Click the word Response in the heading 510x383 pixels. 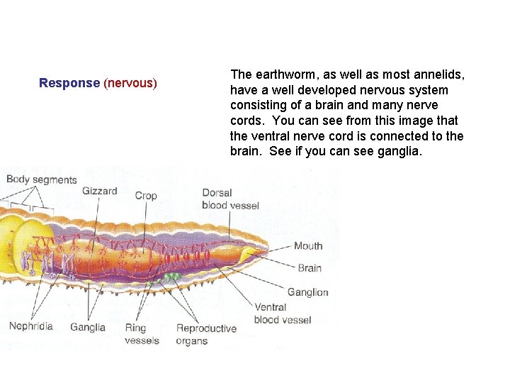[x=69, y=83]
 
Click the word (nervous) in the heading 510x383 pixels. [x=130, y=83]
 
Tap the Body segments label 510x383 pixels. [x=41, y=179]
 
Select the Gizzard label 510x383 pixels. [x=100, y=191]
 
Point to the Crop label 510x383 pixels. [x=146, y=195]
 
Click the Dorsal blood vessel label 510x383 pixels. [x=230, y=199]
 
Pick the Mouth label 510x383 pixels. [x=308, y=246]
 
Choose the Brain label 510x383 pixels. [x=310, y=268]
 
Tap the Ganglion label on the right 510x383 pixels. [x=308, y=292]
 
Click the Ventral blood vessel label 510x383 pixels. [x=282, y=313]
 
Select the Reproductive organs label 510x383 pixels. [x=206, y=334]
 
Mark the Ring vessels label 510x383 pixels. [x=142, y=334]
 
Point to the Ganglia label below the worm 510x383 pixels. [x=88, y=328]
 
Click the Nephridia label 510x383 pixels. [x=30, y=327]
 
